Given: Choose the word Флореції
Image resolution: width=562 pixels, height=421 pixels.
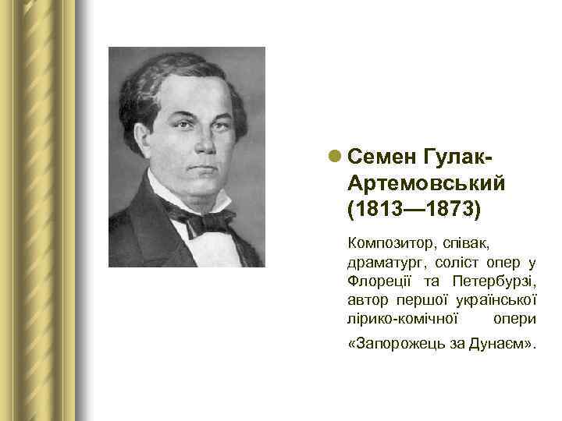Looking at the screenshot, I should (x=379, y=280).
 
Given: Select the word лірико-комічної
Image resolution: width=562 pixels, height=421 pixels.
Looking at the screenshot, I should (x=401, y=320).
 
